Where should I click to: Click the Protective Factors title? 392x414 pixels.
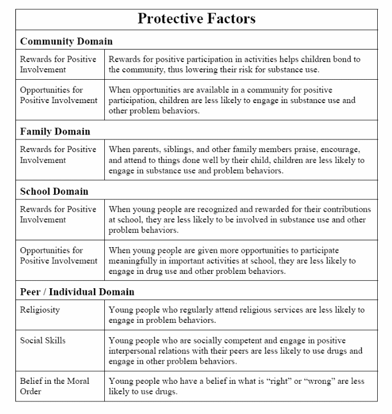click(196, 18)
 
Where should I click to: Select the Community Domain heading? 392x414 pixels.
click(66, 41)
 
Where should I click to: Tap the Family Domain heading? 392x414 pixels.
click(55, 131)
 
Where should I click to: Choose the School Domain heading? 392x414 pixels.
click(54, 191)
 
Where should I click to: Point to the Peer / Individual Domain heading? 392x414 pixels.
click(77, 292)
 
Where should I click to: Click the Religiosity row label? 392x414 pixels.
click(40, 310)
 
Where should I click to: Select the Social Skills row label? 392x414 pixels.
click(43, 341)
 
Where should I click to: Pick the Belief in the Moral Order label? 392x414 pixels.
click(55, 386)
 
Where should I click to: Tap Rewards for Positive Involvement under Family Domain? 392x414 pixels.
click(58, 155)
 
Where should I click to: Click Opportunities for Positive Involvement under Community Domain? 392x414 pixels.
click(59, 95)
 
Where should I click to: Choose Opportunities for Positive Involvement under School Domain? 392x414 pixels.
click(59, 256)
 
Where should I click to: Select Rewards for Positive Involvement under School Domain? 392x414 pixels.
click(58, 215)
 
